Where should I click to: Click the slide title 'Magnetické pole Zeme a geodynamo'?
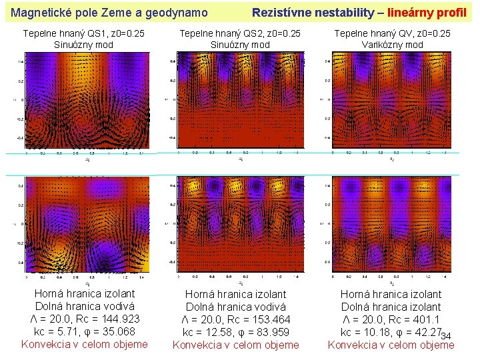110,12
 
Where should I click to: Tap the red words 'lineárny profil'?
427,12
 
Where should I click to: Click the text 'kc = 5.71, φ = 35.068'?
84,331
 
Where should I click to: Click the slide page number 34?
446,335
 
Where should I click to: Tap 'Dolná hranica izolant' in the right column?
391,307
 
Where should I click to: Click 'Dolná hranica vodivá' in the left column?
84,306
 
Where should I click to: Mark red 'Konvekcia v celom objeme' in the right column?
391,345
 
